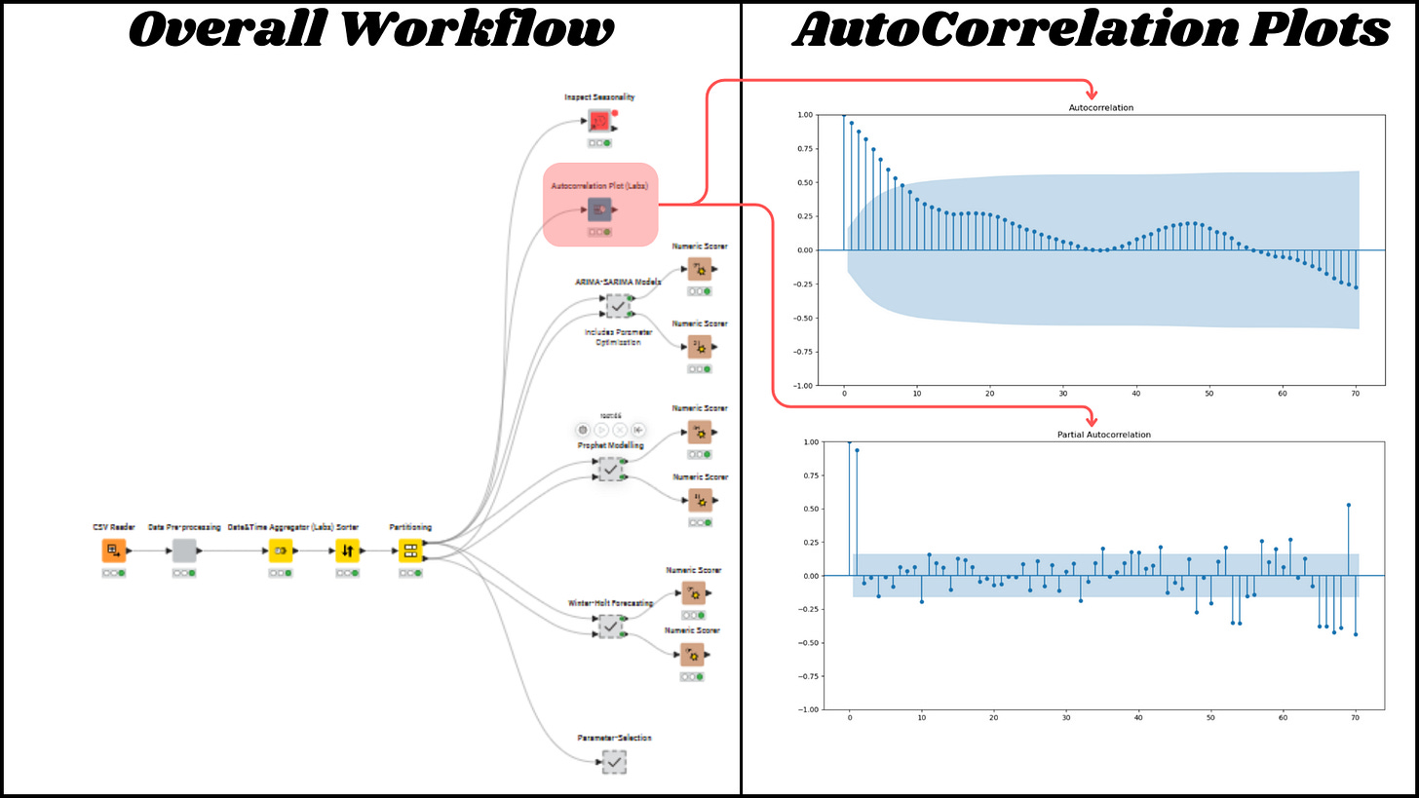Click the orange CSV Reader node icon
tap(114, 551)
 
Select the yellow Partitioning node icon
tap(410, 551)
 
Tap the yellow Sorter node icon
tap(348, 551)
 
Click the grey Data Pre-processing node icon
tap(184, 551)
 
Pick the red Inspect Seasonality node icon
tap(599, 121)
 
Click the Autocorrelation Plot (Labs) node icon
tap(599, 209)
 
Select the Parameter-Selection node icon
tap(613, 762)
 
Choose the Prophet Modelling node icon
tap(611, 469)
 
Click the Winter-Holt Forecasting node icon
tap(611, 627)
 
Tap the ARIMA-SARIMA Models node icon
tap(617, 306)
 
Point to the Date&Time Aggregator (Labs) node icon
tap(281, 551)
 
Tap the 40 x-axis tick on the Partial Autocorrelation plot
tap(1137, 718)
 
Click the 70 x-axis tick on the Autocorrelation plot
tap(1355, 394)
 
